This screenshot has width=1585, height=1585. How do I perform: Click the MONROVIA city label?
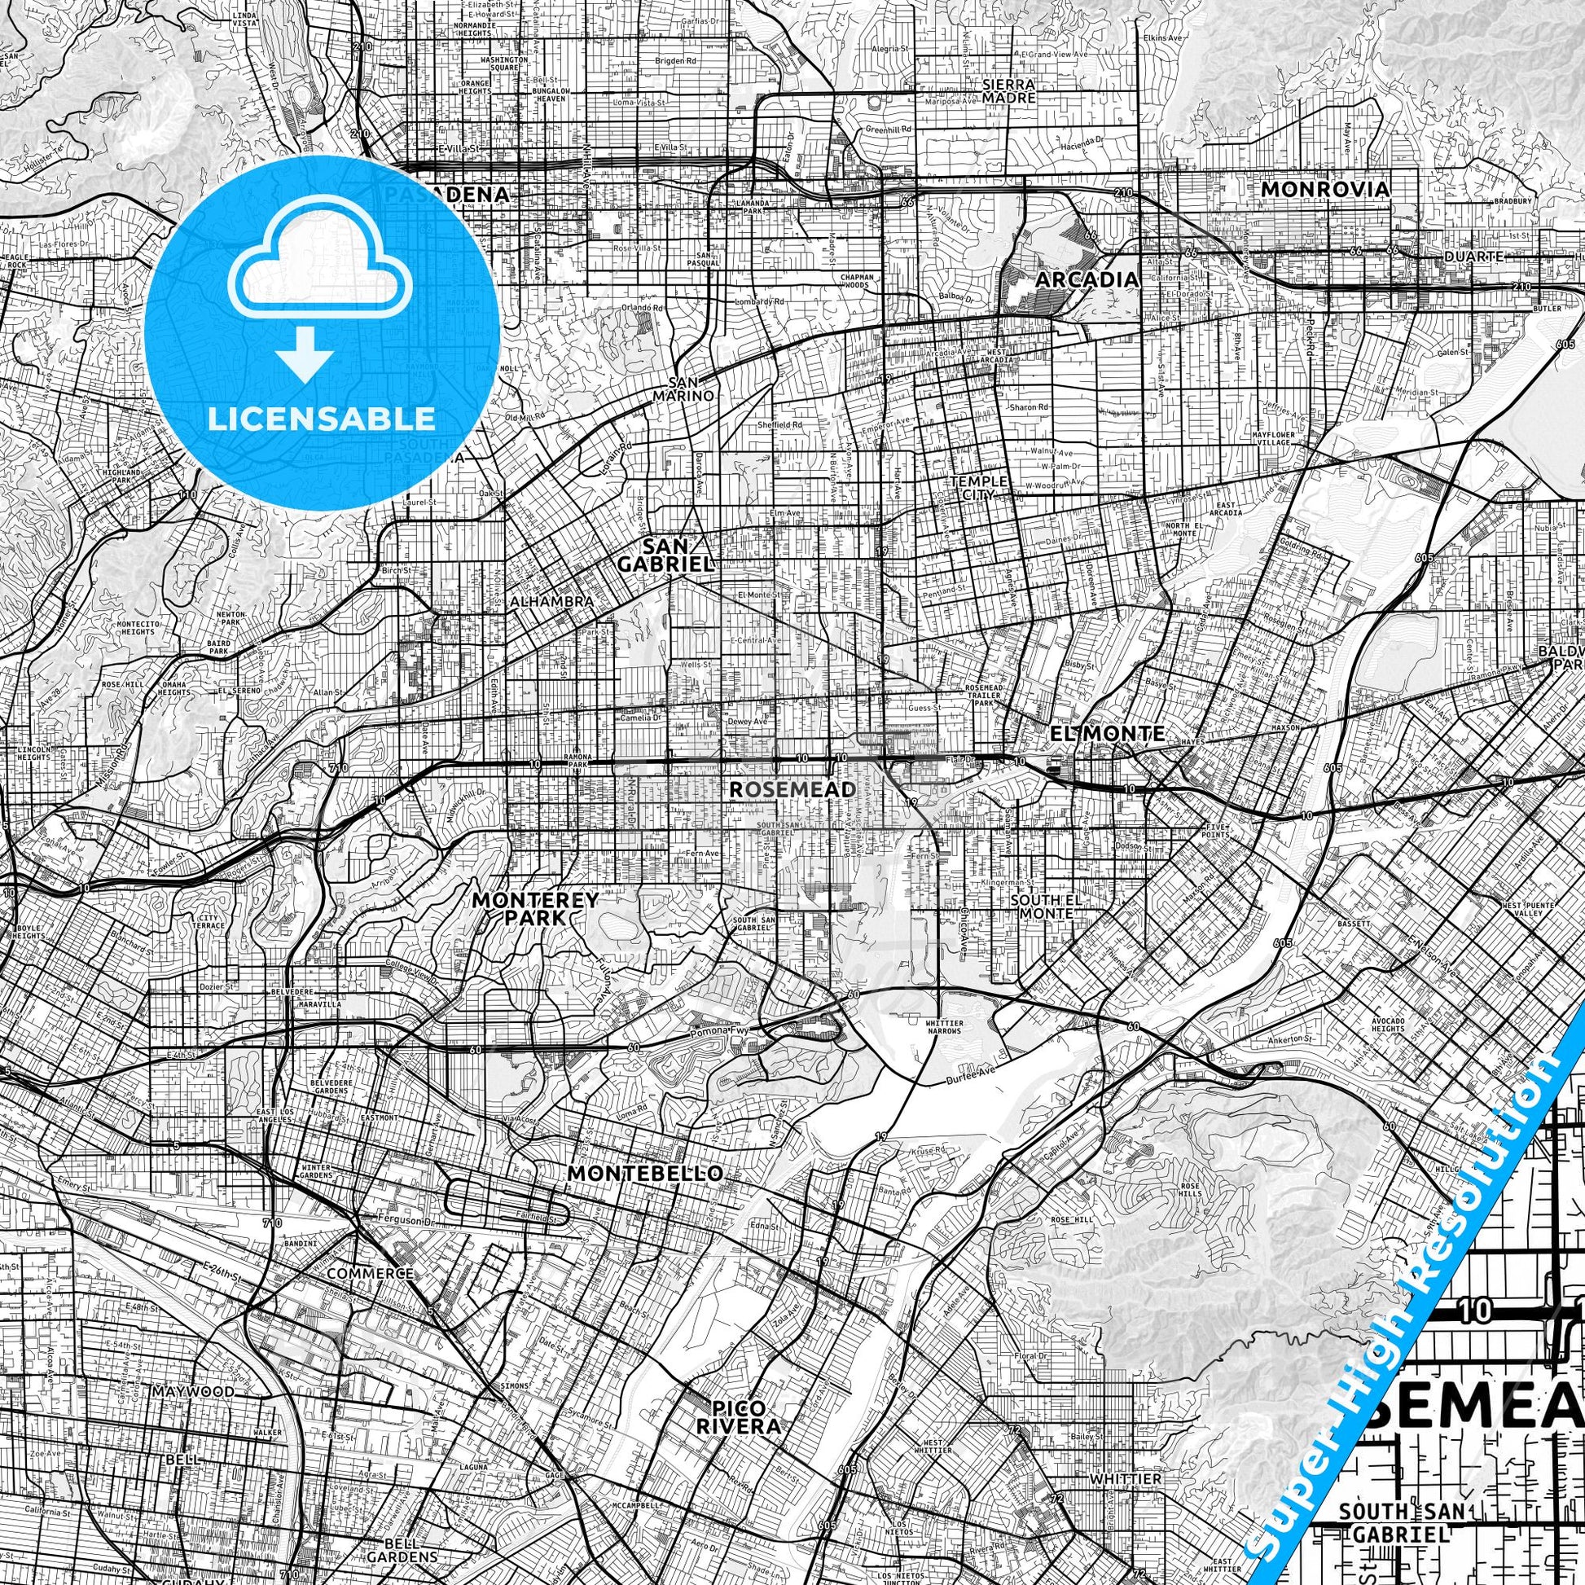(x=1325, y=190)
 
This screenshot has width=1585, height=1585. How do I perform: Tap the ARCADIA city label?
(x=1087, y=279)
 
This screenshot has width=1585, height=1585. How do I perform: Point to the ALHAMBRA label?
(x=551, y=601)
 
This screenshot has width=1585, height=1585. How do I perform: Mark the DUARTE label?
(x=1473, y=256)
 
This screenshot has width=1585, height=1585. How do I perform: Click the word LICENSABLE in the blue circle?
(x=322, y=419)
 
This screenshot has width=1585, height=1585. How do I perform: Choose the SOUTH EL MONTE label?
(x=1042, y=906)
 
